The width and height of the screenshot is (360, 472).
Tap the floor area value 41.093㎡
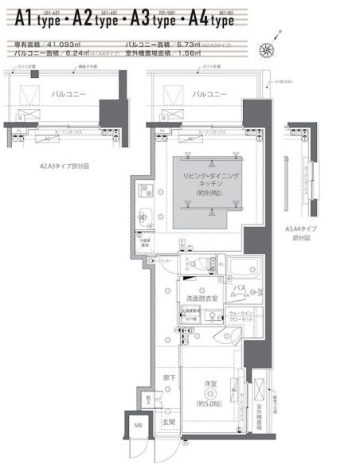pos(68,43)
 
